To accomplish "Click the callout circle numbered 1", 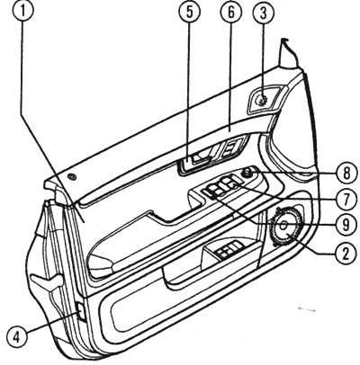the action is [23, 12].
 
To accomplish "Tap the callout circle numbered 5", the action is [190, 12].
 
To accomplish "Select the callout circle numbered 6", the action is [230, 12].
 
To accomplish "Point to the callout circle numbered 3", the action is [264, 12].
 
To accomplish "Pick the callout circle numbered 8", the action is [346, 174].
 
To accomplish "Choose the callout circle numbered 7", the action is [346, 199].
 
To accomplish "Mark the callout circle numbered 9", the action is [346, 225].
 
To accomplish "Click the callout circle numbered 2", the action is [346, 254].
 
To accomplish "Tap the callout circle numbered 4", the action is [17, 338].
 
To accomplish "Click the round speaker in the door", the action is [286, 227].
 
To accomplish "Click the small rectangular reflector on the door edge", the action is [81, 312].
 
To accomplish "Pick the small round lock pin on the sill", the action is [72, 177].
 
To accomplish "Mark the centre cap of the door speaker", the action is [283, 225].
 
